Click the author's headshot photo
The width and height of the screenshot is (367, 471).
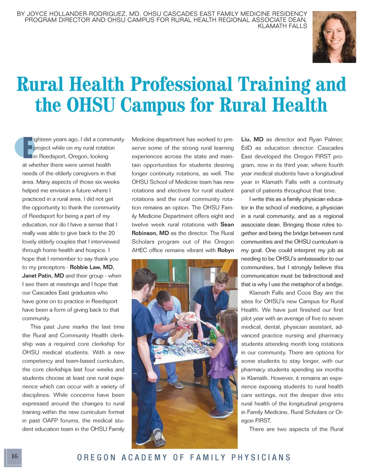point(334,37)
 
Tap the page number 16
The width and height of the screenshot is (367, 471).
point(14,456)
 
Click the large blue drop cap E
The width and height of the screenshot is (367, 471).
point(25,147)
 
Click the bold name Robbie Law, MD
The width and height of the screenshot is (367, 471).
point(92,267)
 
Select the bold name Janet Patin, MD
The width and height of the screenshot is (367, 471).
point(43,276)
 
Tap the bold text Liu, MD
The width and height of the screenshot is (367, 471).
point(252,139)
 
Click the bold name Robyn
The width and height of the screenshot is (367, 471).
point(225,250)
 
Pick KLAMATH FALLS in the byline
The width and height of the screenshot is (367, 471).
point(282,26)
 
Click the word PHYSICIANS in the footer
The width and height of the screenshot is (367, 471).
point(261,457)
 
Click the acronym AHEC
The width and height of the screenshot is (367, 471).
point(140,250)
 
